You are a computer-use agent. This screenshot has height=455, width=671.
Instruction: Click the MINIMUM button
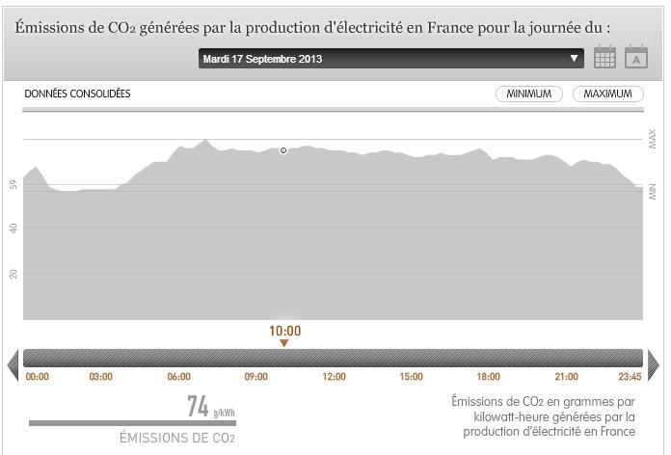[x=529, y=94]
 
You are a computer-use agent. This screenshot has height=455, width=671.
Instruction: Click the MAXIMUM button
[x=607, y=94]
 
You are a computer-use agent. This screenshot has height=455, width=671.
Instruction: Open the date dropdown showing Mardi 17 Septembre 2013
[x=390, y=59]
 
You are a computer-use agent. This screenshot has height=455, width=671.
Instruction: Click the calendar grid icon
[x=604, y=58]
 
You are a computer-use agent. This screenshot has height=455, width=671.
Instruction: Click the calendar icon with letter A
[x=636, y=58]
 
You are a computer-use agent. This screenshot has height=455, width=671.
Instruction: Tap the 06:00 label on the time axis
[x=178, y=377]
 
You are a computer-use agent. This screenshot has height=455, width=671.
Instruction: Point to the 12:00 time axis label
[x=334, y=377]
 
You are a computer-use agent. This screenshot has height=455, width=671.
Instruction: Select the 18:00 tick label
[x=488, y=377]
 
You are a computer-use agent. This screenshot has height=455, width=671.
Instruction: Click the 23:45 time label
[x=630, y=377]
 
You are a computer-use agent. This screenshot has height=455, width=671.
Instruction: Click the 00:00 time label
[x=38, y=377]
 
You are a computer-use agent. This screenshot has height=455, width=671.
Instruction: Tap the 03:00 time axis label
[x=100, y=377]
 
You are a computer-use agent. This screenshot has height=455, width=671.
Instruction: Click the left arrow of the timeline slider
[x=13, y=363]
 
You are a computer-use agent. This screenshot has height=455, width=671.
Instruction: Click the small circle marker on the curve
[x=283, y=150]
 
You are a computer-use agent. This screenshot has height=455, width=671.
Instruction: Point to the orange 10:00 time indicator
[x=284, y=332]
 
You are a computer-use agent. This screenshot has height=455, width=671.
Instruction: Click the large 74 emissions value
[x=198, y=408]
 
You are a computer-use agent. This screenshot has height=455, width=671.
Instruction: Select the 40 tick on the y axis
[x=13, y=228]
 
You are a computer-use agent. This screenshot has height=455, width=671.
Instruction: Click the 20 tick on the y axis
[x=13, y=274]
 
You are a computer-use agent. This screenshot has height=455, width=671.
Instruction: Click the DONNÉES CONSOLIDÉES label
[x=77, y=94]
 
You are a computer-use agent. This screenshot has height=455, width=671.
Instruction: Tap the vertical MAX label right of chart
[x=653, y=140]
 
